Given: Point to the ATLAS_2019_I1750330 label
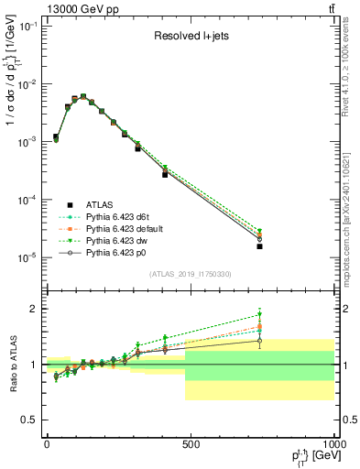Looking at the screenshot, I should pyautogui.click(x=190, y=273).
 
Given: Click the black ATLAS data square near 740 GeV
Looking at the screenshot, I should pyautogui.click(x=260, y=246).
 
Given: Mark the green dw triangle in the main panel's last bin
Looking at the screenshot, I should pyautogui.click(x=260, y=232).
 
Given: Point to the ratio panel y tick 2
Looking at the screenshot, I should pyautogui.click(x=36, y=309).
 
